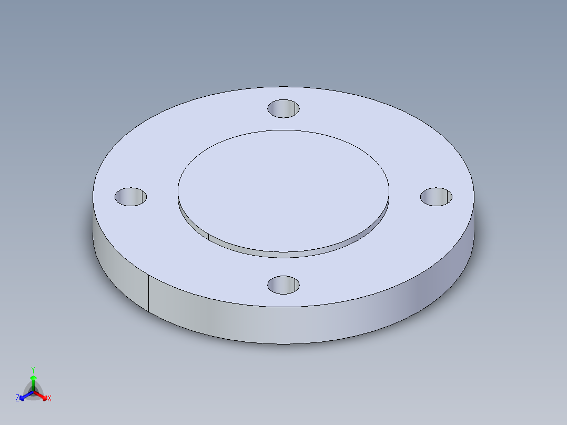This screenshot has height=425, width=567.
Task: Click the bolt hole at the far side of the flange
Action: coord(283,109)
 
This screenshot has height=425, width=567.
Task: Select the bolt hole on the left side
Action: coord(130,196)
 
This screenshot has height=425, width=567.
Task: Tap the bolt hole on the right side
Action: coord(436,196)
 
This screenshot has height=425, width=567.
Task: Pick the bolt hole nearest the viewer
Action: coord(283,285)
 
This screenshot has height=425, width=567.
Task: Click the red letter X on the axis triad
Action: coord(49,399)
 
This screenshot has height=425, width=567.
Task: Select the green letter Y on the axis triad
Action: coord(33,369)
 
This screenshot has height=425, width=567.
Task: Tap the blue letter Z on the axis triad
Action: coord(17,399)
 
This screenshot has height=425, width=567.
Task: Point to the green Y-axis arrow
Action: coord(33,380)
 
